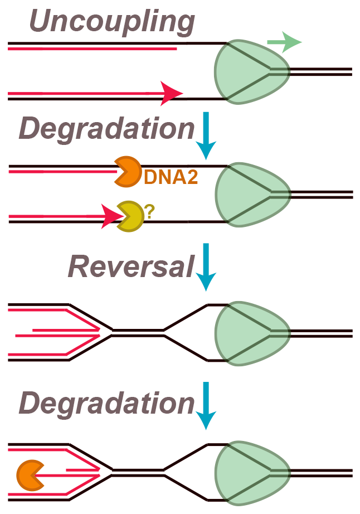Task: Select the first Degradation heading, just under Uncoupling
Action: tap(106, 129)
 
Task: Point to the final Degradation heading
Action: tap(106, 403)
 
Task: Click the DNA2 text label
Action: tap(171, 177)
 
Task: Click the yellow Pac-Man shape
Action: tap(129, 216)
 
